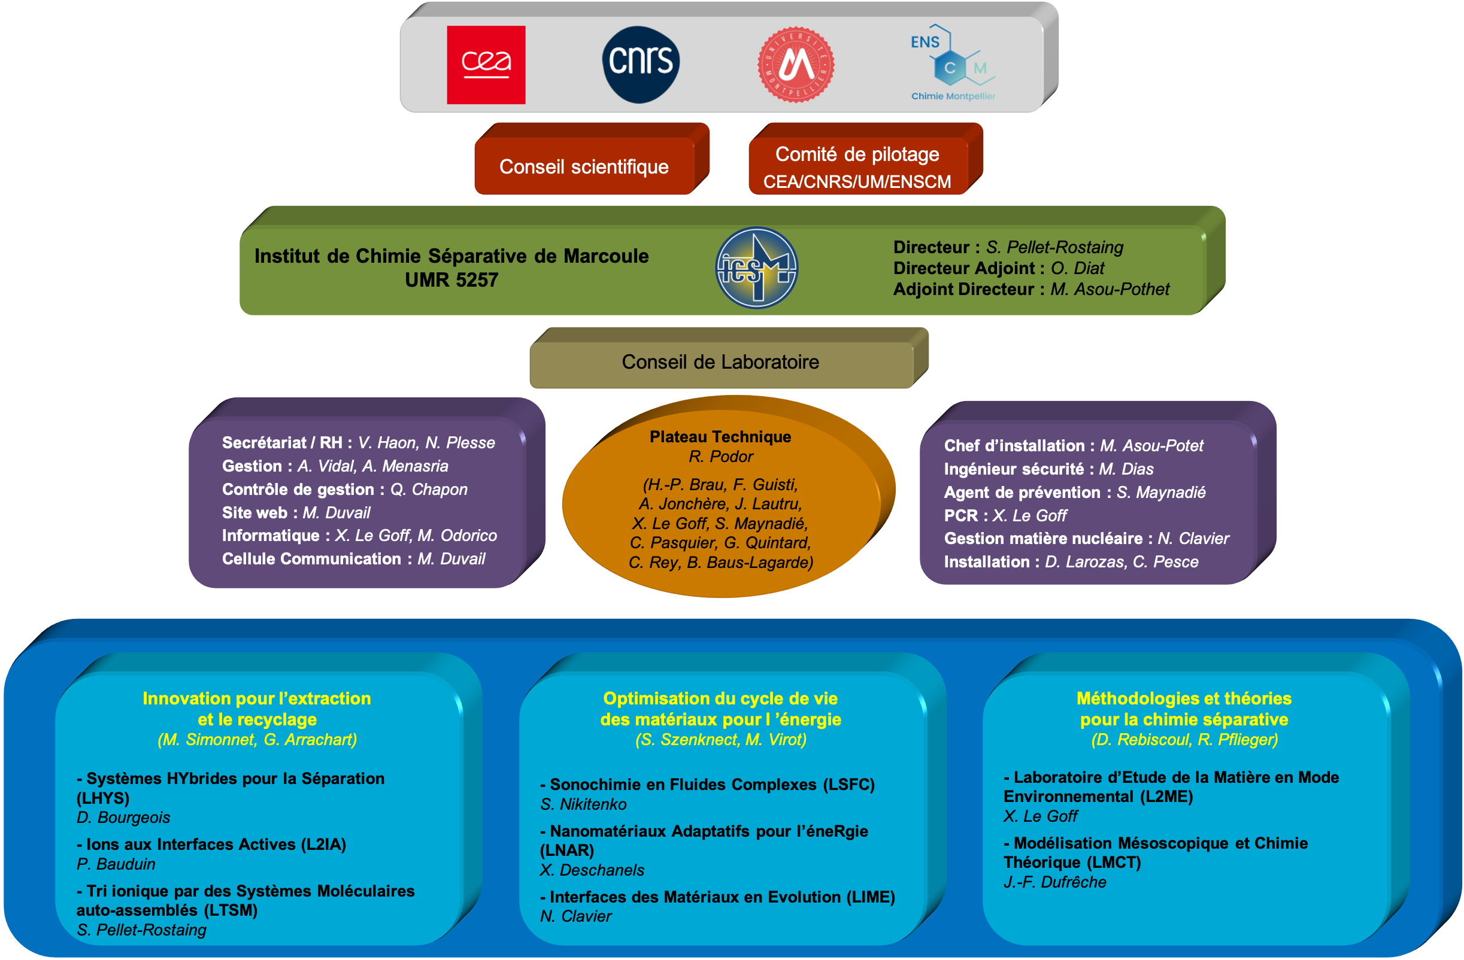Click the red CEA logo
[x=486, y=65]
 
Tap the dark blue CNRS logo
[x=640, y=64]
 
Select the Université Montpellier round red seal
[x=795, y=65]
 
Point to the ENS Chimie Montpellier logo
[x=952, y=63]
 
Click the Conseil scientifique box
[x=584, y=166]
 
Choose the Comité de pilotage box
[x=857, y=166]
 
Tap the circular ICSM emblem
[x=757, y=268]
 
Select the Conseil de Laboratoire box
[x=720, y=361]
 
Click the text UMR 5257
[x=451, y=280]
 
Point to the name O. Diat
[x=1077, y=268]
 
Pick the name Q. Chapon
[x=429, y=490]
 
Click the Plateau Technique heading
[x=720, y=437]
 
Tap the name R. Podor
[x=720, y=456]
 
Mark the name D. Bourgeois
[x=123, y=818]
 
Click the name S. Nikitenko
[x=583, y=804]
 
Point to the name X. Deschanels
[x=592, y=870]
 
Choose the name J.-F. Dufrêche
[x=1054, y=882]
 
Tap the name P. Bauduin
[x=116, y=864]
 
